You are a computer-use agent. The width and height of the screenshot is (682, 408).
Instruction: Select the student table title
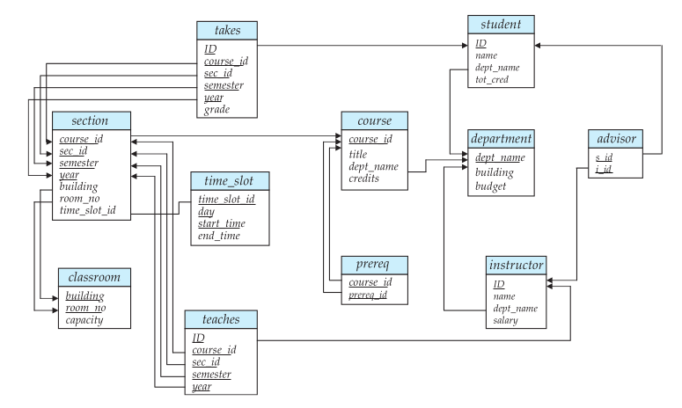point(501,24)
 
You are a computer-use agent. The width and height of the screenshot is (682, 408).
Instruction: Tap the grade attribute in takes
point(217,111)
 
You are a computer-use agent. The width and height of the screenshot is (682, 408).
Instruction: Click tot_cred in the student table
point(492,80)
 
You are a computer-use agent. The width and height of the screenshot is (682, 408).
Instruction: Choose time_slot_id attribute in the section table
point(88,212)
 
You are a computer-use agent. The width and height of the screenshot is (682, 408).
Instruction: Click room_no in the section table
point(79,200)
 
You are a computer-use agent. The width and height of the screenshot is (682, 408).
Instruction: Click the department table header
point(501,140)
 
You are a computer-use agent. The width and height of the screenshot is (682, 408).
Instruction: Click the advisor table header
point(619,140)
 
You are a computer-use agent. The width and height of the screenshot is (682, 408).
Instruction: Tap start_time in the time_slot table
point(222,224)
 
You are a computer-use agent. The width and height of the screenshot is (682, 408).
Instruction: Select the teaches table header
point(222,318)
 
